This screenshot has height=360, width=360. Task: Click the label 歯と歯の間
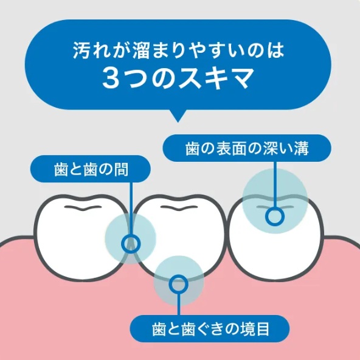[91, 170]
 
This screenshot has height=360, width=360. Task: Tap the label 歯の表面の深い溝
[247, 148]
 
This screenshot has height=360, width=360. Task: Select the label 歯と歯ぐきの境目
[210, 329]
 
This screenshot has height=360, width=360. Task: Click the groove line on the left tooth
[83, 207]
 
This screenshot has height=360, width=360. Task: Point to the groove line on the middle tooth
[179, 207]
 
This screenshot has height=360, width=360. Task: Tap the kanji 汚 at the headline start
[80, 50]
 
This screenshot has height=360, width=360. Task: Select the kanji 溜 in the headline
[140, 50]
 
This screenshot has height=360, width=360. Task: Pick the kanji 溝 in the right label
[301, 148]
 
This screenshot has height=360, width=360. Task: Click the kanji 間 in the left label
[121, 170]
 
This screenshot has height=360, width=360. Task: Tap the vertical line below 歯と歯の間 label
[131, 209]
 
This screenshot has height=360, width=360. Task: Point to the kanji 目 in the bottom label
[262, 329]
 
